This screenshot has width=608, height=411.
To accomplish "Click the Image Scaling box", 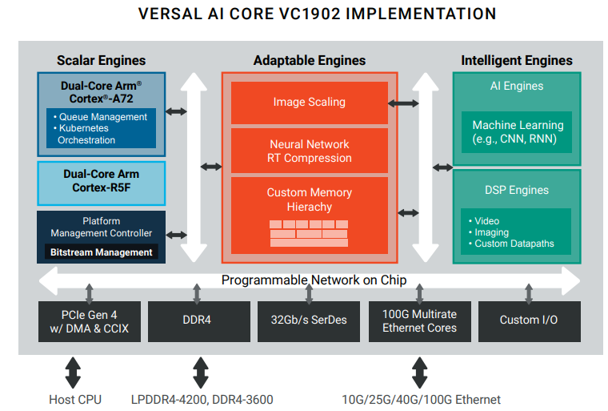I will click(x=309, y=103).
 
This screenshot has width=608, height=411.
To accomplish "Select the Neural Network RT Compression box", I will click(x=309, y=151).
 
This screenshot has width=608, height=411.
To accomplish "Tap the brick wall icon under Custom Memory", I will click(x=309, y=233).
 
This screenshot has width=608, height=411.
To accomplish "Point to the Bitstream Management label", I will click(x=101, y=252).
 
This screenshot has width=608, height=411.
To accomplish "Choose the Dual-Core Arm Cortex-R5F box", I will click(x=101, y=181).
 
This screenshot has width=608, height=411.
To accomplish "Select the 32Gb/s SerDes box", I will click(x=309, y=320).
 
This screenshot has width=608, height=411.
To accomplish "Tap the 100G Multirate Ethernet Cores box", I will click(x=419, y=320).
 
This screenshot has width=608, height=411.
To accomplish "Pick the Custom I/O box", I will click(x=529, y=320).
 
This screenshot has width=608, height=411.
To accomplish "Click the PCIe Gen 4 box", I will click(x=89, y=320).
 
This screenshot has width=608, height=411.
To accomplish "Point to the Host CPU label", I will click(x=75, y=399).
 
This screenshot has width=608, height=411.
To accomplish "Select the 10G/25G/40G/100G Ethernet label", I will click(x=421, y=399).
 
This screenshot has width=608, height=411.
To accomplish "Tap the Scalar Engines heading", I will click(x=101, y=60).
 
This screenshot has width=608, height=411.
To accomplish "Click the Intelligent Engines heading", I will click(x=517, y=60).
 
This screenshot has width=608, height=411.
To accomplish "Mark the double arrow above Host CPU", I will click(x=73, y=373).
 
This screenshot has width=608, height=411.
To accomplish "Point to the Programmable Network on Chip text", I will click(x=314, y=280).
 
